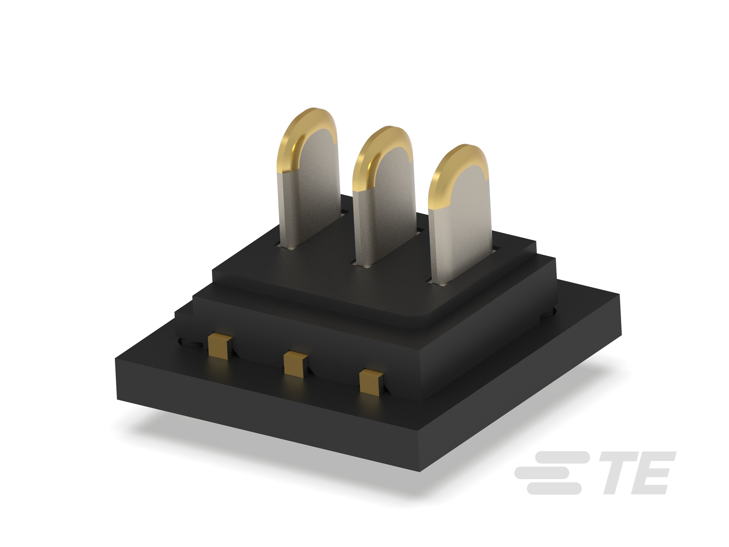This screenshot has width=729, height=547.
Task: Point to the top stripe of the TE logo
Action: (x=560, y=457)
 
